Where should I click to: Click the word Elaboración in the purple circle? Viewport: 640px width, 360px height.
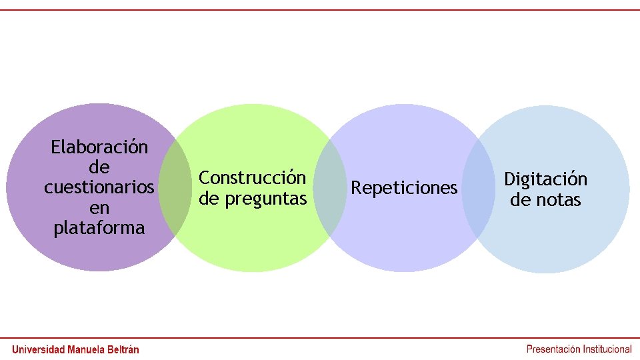[x=99, y=147]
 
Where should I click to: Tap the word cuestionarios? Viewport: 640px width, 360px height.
[x=99, y=187]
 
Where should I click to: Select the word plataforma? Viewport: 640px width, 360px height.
[x=99, y=228]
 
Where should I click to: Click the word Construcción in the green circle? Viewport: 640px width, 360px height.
[x=253, y=178]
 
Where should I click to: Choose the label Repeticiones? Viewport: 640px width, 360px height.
[x=404, y=189]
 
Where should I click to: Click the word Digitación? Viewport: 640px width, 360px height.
[x=545, y=179]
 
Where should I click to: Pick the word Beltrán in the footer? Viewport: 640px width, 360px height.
[x=124, y=349]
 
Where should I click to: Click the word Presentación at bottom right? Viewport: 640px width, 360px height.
[x=553, y=349]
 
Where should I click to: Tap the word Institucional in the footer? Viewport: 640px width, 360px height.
[x=607, y=349]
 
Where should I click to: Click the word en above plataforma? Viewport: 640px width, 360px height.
[x=99, y=208]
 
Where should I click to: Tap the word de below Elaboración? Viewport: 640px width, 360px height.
[x=99, y=167]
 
